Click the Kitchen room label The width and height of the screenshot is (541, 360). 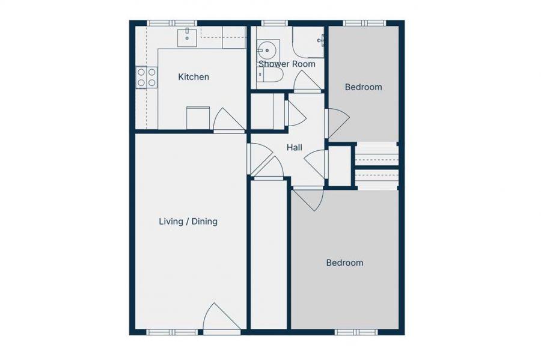click(x=194, y=77)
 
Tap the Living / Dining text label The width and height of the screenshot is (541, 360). click(x=188, y=222)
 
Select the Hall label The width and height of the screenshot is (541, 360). click(x=294, y=148)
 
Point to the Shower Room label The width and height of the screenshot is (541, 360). click(x=287, y=64)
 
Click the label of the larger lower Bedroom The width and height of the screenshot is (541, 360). click(x=344, y=263)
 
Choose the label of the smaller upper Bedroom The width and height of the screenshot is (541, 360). click(x=363, y=87)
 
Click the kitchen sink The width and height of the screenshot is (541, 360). click(x=188, y=37)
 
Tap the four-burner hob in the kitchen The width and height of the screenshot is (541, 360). click(x=147, y=77)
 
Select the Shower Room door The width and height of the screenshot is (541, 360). click(x=307, y=83)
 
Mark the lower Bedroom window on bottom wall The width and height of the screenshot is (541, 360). click(x=356, y=332)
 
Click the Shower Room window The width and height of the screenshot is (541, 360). click(x=275, y=23)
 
